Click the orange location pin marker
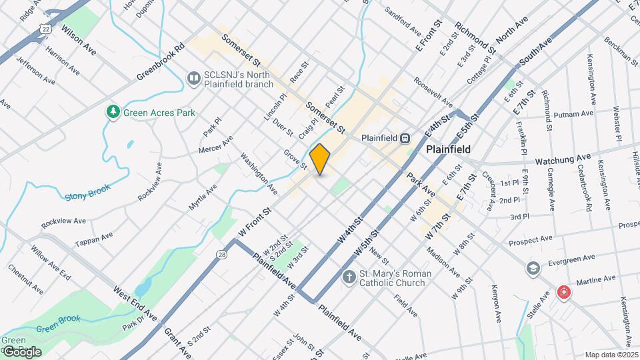coord(320,159)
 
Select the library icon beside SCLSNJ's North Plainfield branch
coord(193,79)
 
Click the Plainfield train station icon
coord(405,138)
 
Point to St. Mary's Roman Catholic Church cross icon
coord(348,277)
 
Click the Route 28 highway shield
coord(221,255)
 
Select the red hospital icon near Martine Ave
coord(564,293)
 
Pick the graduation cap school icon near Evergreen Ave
coord(532,268)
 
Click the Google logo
coord(21,351)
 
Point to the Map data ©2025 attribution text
coord(611,355)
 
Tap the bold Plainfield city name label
coord(449,149)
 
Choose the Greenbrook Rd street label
coord(161,63)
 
